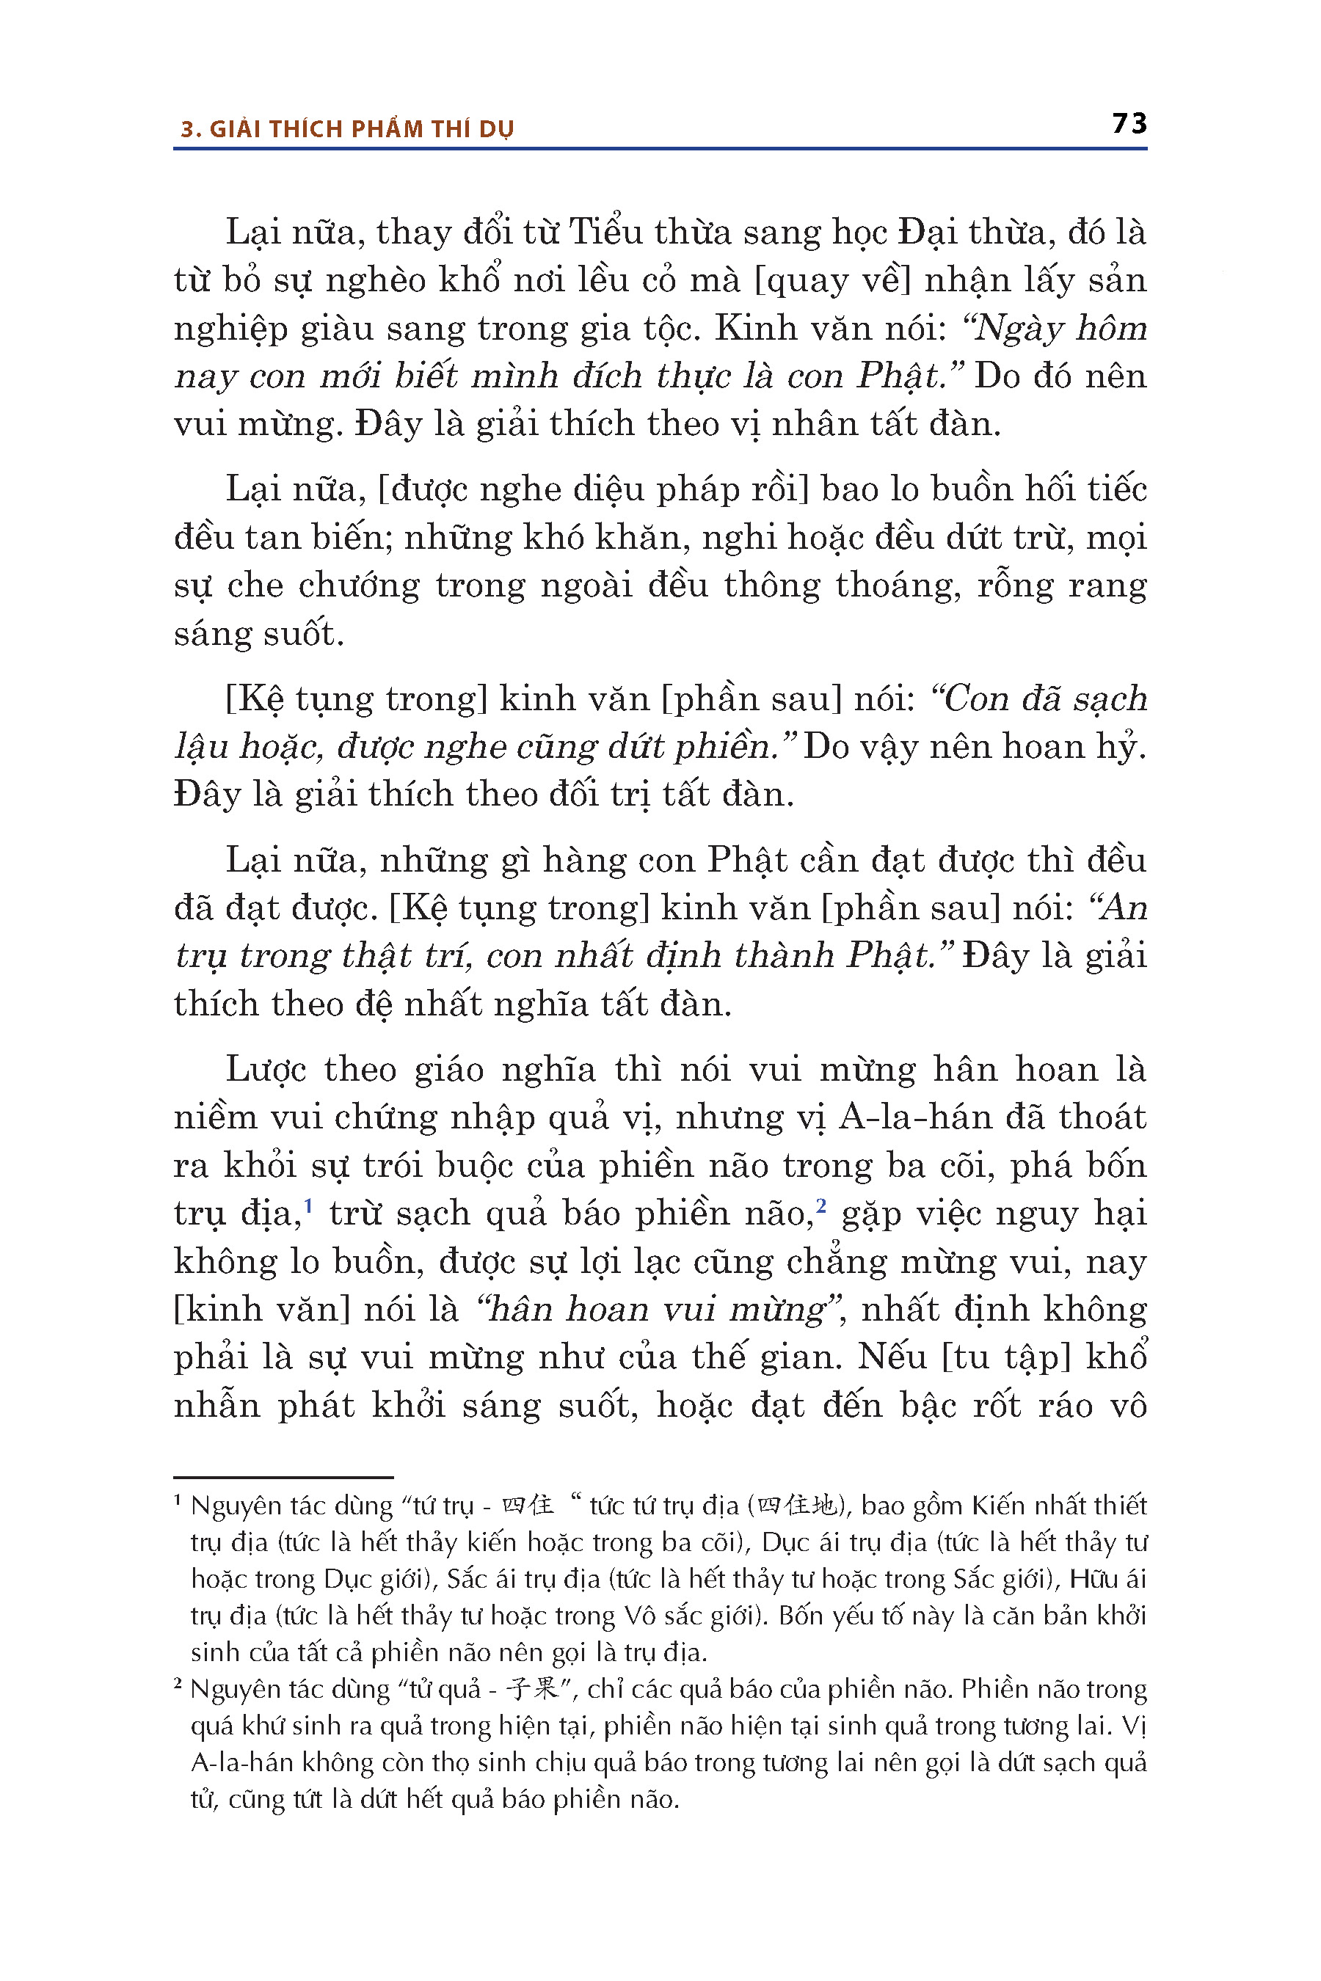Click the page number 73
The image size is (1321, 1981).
(1129, 124)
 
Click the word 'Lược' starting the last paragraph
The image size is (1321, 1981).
(268, 1069)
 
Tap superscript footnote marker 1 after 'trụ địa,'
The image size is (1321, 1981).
(308, 1206)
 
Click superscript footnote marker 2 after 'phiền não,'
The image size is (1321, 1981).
(820, 1206)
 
